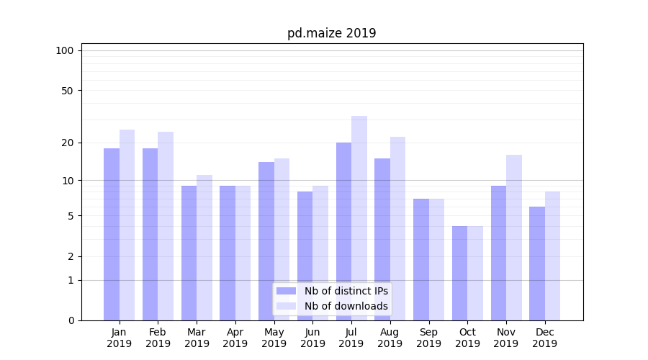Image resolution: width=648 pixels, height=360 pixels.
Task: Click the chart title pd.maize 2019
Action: pos(331,33)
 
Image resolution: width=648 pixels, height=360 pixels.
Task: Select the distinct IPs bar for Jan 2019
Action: pos(112,234)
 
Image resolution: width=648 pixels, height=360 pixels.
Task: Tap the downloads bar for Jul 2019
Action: pos(359,217)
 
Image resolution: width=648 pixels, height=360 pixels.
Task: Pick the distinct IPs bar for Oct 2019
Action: pos(459,273)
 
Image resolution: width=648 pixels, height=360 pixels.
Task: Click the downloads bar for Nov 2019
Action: pos(514,237)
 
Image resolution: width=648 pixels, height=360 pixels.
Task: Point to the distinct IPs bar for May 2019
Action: pos(266,240)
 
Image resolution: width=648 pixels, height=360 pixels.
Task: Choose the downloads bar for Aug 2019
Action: pos(398,228)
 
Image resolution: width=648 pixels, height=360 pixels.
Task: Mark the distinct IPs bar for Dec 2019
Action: pos(537,263)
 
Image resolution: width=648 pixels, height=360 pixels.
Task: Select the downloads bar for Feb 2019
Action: pos(166,225)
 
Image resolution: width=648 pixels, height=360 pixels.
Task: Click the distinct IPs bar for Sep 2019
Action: pos(421,259)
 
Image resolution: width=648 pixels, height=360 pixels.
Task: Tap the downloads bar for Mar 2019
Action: pos(204,247)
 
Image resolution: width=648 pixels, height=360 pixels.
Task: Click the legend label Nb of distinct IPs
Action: pos(346,291)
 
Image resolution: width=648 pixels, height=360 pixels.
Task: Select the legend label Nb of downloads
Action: pos(346,306)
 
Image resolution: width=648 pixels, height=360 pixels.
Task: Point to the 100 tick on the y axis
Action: pos(65,50)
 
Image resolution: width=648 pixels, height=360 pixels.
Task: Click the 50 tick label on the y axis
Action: pos(67,91)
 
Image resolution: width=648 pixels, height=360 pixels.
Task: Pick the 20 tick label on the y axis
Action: pos(67,143)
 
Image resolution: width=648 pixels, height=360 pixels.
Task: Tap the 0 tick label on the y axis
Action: pos(71,320)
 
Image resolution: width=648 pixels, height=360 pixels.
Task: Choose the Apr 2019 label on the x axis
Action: pos(235,338)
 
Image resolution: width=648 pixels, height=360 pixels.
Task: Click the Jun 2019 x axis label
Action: pos(312,338)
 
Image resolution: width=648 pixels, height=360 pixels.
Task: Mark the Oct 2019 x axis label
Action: pos(467,338)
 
